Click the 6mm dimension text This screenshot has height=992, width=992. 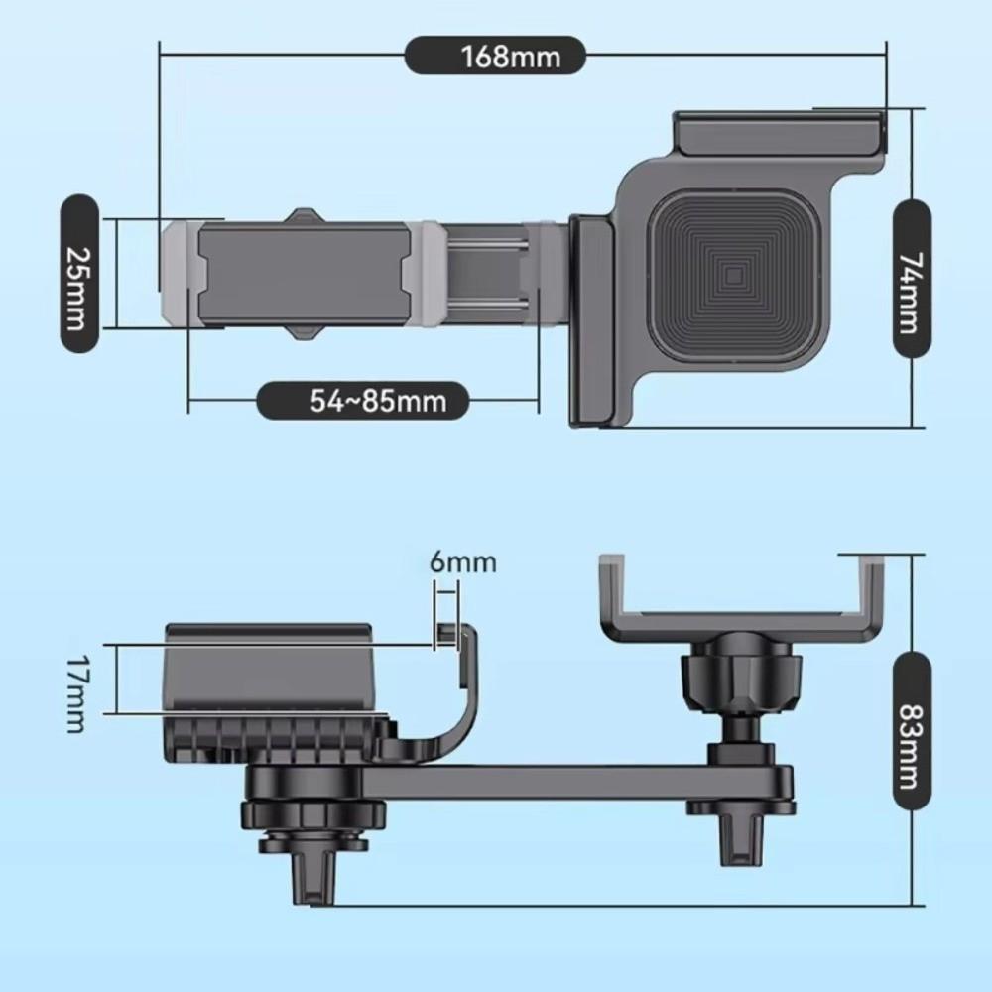click(463, 561)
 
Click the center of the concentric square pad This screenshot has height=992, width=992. click(734, 277)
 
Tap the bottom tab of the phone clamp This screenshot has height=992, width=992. click(306, 333)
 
